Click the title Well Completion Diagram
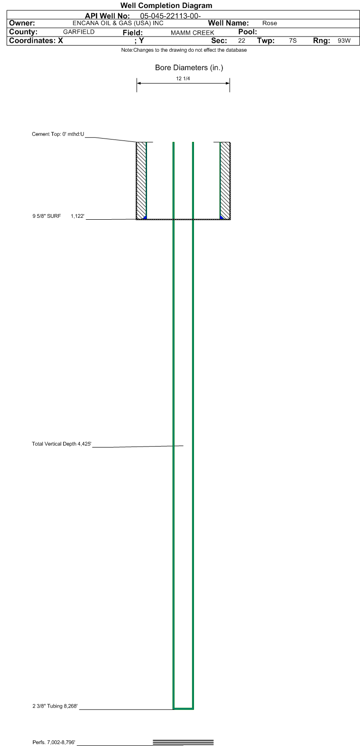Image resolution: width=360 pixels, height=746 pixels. click(166, 6)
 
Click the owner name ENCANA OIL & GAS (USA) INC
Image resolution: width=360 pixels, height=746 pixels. click(118, 23)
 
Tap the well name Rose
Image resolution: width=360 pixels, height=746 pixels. click(269, 23)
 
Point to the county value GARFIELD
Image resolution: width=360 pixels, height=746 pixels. click(79, 32)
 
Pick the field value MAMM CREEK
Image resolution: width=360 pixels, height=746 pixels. click(192, 33)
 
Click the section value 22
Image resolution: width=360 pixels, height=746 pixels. click(241, 41)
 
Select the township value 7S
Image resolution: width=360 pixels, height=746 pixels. click(293, 41)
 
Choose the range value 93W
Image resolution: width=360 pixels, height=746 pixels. click(344, 41)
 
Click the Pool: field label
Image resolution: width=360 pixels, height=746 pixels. click(247, 32)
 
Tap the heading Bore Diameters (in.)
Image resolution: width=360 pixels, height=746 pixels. click(189, 68)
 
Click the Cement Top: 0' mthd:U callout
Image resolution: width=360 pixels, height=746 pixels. click(58, 134)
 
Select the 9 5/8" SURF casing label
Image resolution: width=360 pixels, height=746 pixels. click(47, 216)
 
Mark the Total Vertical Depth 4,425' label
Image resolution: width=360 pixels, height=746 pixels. click(61, 444)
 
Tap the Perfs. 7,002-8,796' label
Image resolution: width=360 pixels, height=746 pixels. click(54, 742)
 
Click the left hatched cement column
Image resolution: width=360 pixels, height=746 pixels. click(141, 180)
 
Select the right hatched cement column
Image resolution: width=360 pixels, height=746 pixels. click(225, 180)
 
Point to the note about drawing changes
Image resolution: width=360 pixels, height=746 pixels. click(184, 50)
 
